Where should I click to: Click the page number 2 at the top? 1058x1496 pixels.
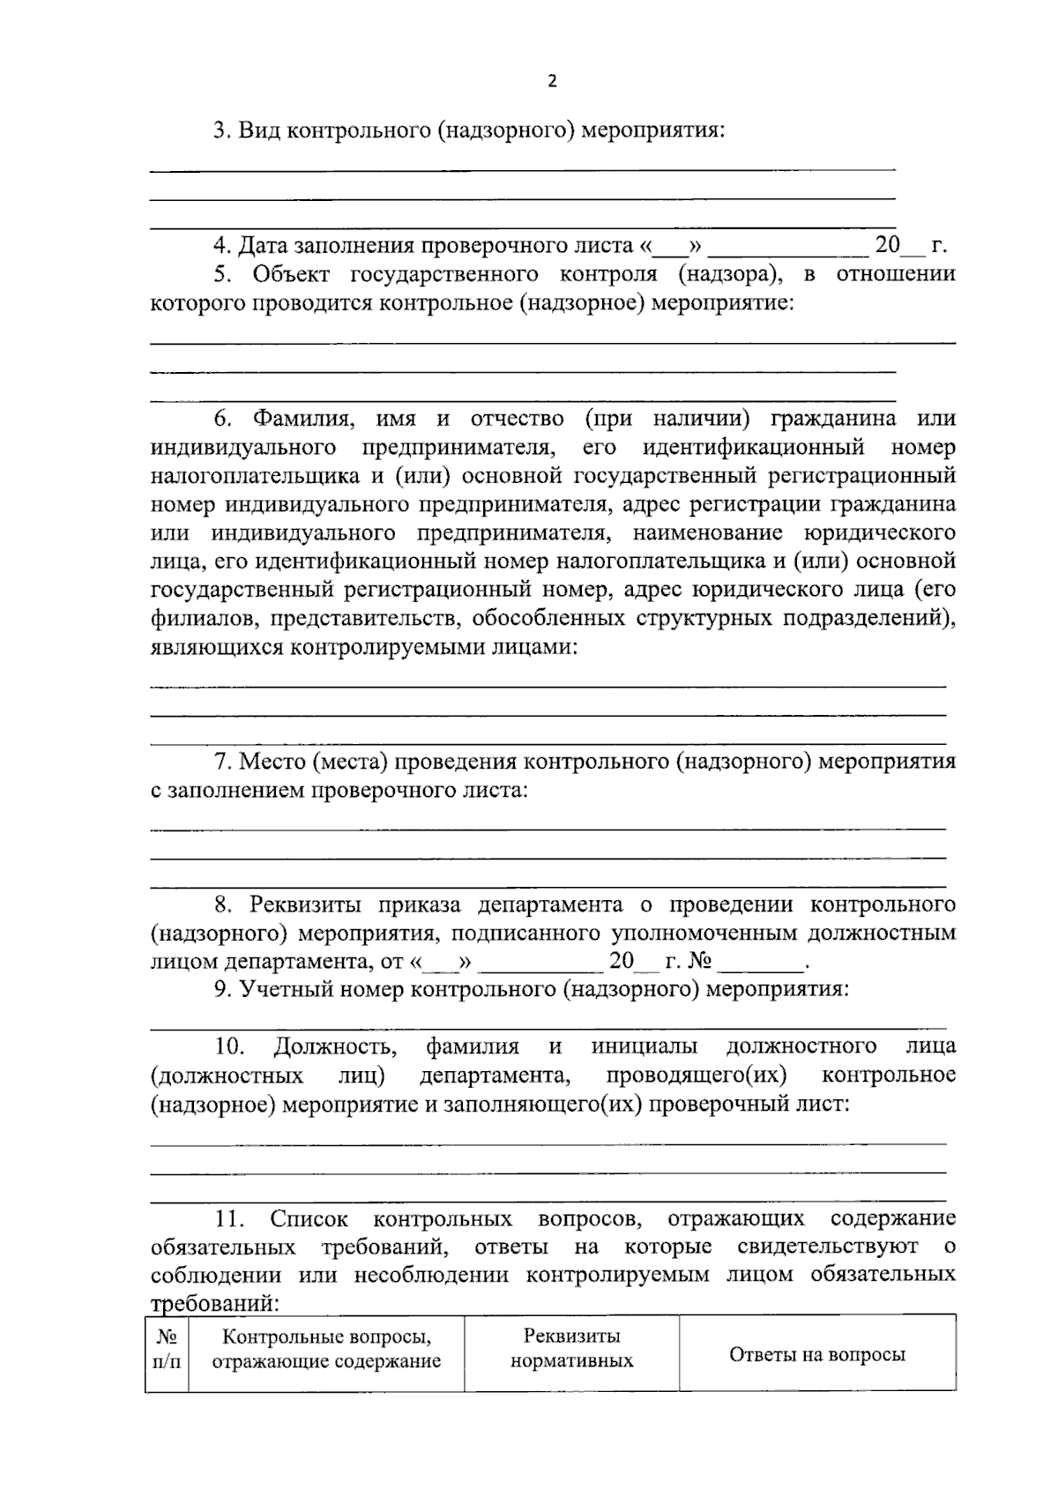click(553, 82)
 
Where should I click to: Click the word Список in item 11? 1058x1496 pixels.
click(309, 1219)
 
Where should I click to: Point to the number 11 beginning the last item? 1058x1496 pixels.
click(228, 1219)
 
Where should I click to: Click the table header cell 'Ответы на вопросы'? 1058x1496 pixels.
click(816, 1355)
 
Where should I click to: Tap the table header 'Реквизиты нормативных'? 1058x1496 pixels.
click(571, 1349)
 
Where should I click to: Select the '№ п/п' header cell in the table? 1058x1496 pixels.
click(167, 1350)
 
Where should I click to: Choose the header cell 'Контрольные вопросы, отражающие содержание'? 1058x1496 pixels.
click(326, 1350)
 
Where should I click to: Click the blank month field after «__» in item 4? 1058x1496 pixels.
click(787, 246)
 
